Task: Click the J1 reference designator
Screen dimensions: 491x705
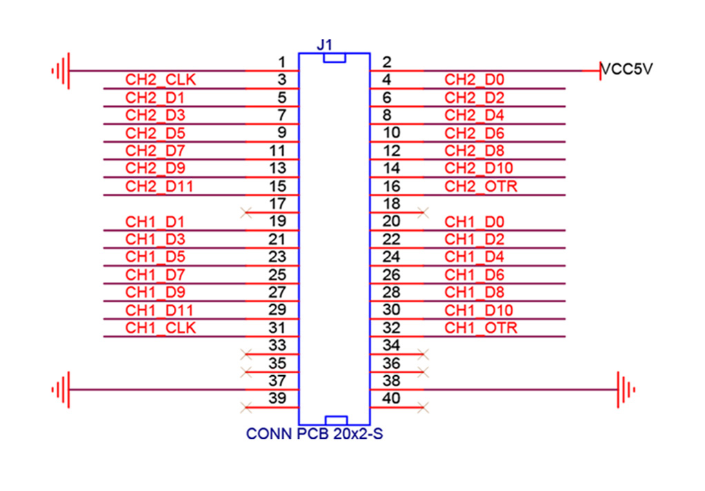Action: [324, 45]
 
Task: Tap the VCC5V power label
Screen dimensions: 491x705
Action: [627, 69]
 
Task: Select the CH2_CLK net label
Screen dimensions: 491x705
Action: [160, 79]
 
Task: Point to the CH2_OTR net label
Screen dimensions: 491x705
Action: [481, 186]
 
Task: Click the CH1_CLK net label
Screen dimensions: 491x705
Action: [160, 328]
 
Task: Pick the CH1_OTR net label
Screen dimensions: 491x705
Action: [481, 328]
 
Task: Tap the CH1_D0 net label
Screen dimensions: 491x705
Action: [475, 221]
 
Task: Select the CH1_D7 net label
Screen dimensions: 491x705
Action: [155, 274]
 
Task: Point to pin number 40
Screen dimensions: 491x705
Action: [390, 398]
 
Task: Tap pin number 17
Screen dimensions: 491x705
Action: [277, 204]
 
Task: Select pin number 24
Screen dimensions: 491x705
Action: [390, 257]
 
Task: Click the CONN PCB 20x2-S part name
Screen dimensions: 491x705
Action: [314, 435]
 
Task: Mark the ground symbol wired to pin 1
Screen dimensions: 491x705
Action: [61, 70]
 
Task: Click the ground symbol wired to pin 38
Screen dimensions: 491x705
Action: [625, 390]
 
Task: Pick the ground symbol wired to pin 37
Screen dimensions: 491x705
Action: [61, 390]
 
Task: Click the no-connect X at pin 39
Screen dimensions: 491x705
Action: [246, 408]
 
